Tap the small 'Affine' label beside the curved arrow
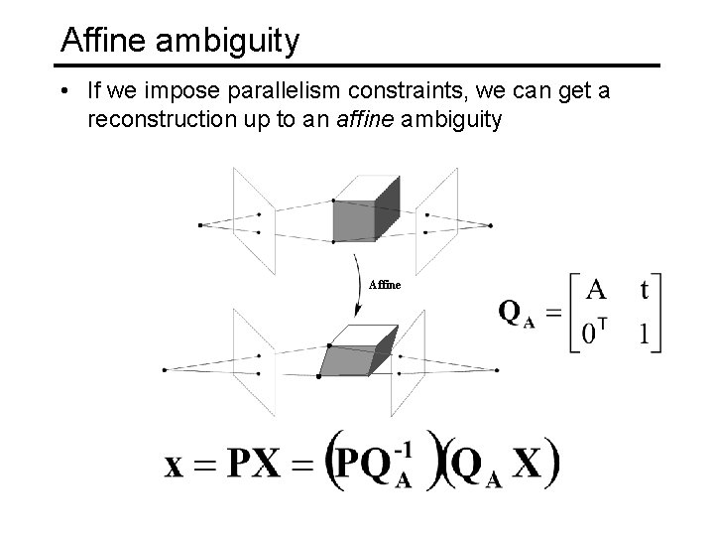pyautogui.click(x=385, y=285)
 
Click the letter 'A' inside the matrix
pyautogui.click(x=596, y=290)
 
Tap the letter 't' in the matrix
pyautogui.click(x=646, y=290)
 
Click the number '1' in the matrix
pyautogui.click(x=646, y=335)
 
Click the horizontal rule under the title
pyautogui.click(x=357, y=66)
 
